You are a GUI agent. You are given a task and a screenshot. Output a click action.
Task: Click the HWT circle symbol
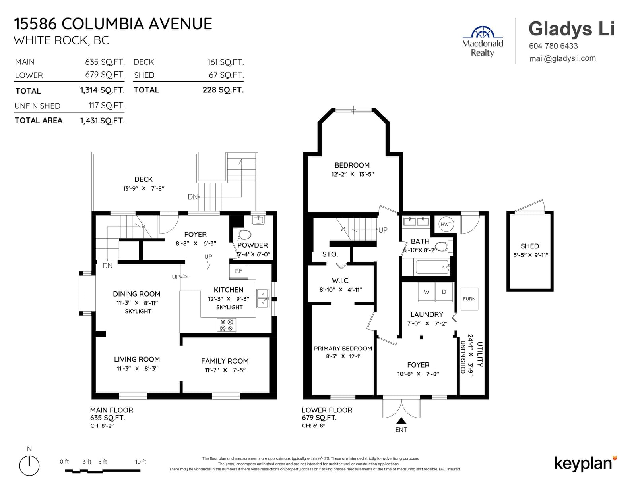446,224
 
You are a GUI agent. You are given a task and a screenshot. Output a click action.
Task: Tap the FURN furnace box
469,299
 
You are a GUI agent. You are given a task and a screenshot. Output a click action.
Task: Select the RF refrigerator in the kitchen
238,271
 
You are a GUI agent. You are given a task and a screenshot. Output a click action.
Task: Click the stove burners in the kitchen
226,325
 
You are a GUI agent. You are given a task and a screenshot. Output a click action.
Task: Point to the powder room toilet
242,235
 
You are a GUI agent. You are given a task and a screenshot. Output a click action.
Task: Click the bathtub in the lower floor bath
432,267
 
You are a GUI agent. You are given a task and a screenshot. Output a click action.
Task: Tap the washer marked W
427,292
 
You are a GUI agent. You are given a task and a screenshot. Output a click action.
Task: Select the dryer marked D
444,292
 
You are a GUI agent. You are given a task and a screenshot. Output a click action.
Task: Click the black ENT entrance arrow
401,421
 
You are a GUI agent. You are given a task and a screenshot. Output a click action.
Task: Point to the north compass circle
29,465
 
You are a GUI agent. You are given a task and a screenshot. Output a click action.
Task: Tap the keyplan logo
586,464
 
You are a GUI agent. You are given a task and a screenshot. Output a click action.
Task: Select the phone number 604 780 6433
553,46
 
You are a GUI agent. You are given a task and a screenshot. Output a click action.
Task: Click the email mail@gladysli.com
562,58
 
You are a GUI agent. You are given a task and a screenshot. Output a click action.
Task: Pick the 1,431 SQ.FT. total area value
103,121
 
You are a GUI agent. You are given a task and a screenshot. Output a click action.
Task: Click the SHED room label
530,246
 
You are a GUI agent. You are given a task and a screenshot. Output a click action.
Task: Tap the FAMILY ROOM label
225,361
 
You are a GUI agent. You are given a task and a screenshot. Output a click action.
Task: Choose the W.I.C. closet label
341,281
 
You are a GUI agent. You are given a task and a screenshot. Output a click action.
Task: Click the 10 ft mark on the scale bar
140,462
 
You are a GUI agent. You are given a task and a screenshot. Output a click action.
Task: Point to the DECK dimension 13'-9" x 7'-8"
143,189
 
